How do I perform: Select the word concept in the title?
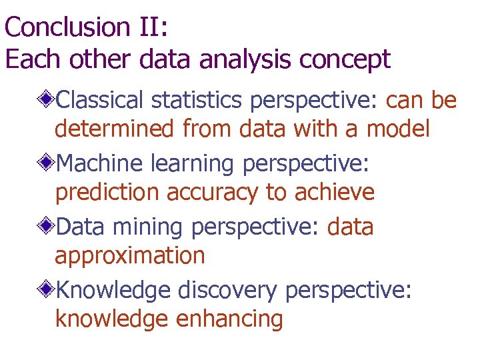(345, 59)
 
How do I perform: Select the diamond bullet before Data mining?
(46, 227)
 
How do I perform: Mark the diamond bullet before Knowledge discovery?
(46, 291)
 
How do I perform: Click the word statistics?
(198, 101)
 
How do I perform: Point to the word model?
(398, 129)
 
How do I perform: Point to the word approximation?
(130, 256)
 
